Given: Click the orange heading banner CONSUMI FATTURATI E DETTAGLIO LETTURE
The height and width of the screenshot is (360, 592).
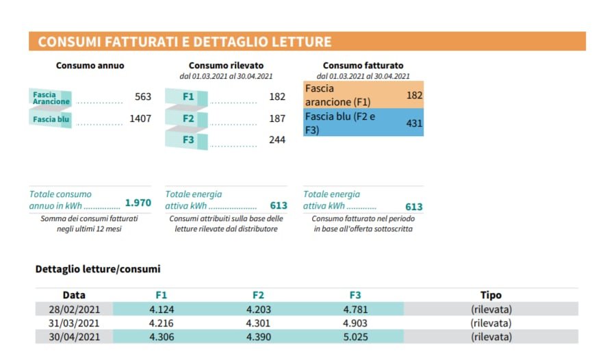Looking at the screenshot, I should (x=185, y=42).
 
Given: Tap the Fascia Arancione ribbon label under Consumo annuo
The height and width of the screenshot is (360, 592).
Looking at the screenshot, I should (x=51, y=97).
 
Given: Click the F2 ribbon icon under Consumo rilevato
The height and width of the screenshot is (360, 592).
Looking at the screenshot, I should (x=188, y=118).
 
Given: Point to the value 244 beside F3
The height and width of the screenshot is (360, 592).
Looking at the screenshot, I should (x=277, y=140).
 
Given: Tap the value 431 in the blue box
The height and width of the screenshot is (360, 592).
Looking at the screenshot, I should (x=414, y=123).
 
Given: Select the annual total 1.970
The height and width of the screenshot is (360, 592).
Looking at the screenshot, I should (x=138, y=203).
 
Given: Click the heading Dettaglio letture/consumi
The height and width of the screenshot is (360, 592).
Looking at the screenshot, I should (x=98, y=269).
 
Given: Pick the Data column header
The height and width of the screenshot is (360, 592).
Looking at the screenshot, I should (x=74, y=295).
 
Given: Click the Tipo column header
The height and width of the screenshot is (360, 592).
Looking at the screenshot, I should (x=491, y=295).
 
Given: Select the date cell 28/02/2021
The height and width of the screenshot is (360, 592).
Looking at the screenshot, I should (x=74, y=309).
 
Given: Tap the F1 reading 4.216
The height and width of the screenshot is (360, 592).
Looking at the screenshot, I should (x=162, y=323).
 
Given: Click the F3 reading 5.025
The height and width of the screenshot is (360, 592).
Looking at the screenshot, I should (x=355, y=337).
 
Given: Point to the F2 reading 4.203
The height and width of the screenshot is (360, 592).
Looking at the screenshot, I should (x=258, y=309).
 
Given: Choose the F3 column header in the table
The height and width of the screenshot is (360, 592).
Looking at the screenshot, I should (x=355, y=295).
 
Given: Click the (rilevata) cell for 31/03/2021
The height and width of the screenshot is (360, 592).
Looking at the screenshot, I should (x=491, y=323).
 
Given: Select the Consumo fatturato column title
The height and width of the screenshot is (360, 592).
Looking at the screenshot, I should (x=363, y=66).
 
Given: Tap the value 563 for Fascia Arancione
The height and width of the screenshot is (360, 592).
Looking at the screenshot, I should (x=142, y=97).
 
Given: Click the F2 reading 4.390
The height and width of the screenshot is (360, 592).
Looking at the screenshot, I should (x=258, y=337).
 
